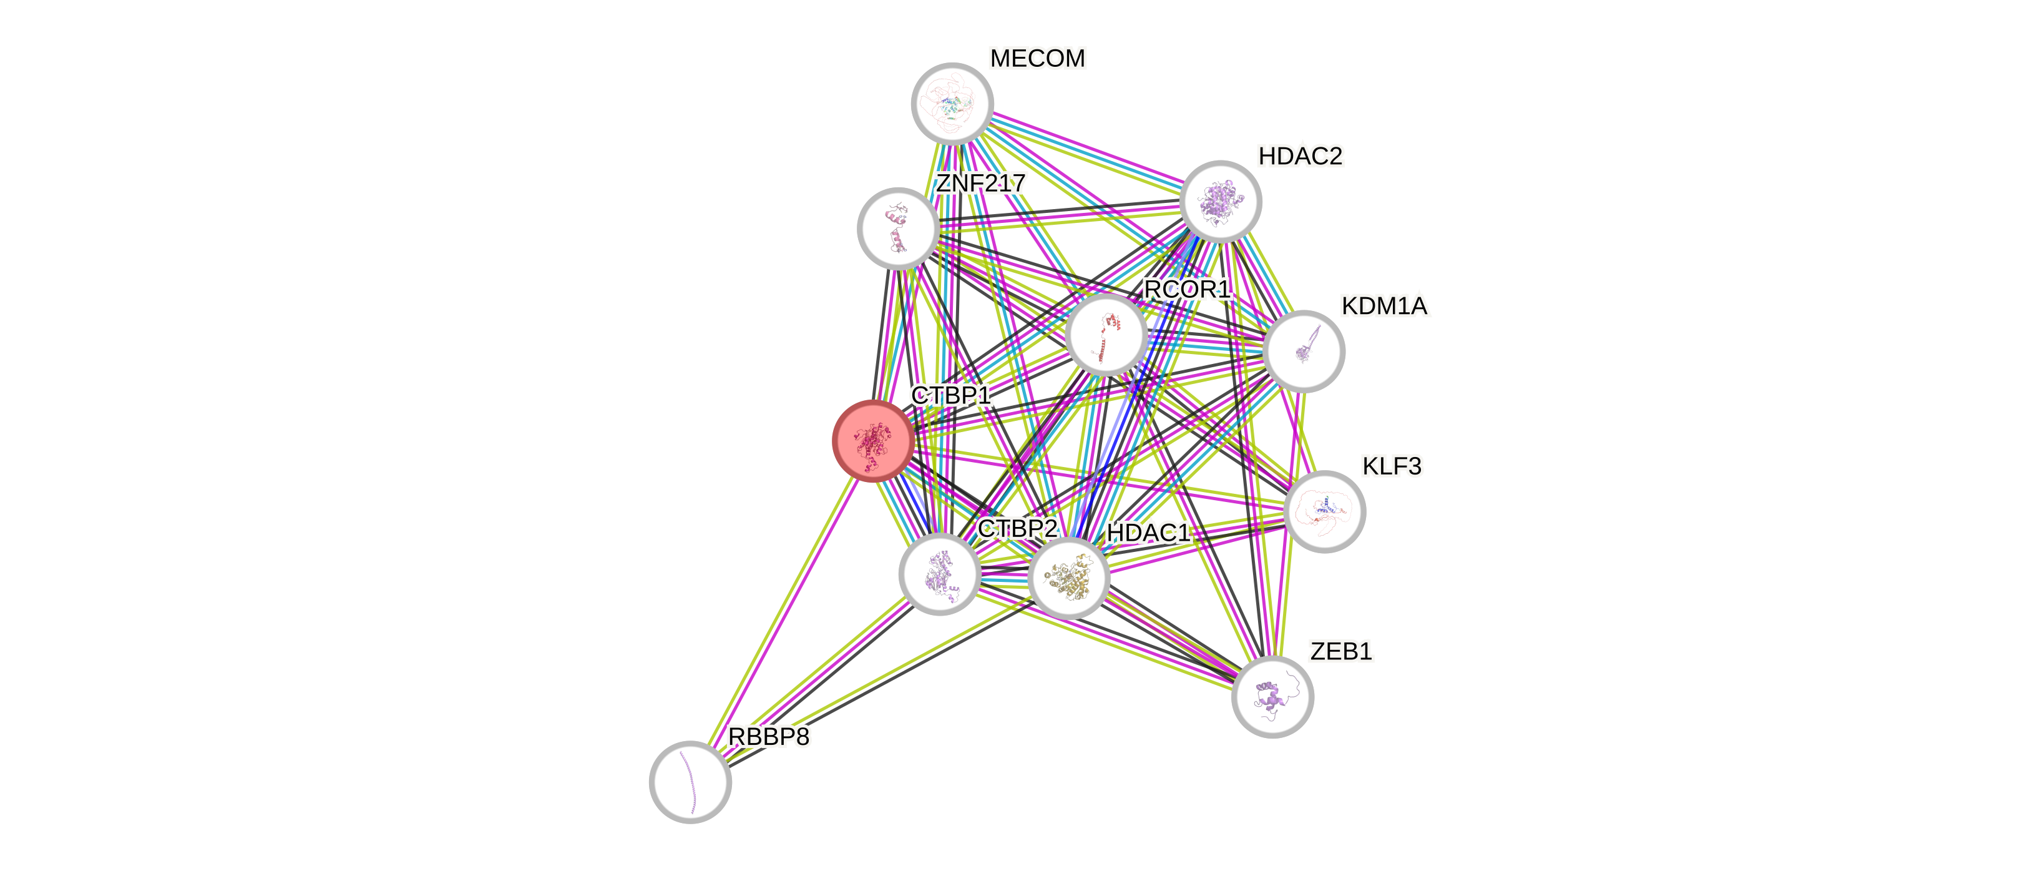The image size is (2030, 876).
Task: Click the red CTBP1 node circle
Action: click(x=873, y=441)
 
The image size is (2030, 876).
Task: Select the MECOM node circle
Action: click(x=952, y=103)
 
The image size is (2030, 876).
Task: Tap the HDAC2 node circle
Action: click(x=1221, y=202)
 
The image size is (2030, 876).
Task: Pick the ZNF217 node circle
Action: click(x=897, y=228)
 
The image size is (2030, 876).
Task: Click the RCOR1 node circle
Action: click(x=1106, y=333)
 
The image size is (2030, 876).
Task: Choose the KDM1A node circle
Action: click(x=1304, y=351)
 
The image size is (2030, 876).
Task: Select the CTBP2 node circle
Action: click(x=939, y=573)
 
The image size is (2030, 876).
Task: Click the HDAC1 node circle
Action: click(x=1068, y=578)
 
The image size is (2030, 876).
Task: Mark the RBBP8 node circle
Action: click(x=690, y=781)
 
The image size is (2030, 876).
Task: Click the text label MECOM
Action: click(x=1037, y=58)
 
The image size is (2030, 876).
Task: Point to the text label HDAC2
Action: click(x=1300, y=156)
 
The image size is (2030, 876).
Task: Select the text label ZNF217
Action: click(x=980, y=183)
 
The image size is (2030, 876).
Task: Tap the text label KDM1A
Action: click(x=1385, y=306)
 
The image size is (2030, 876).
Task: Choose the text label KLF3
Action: click(x=1392, y=466)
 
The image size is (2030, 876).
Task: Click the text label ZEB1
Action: click(x=1340, y=651)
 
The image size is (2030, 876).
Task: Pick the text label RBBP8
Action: click(x=768, y=736)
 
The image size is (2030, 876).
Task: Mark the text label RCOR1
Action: click(x=1187, y=289)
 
